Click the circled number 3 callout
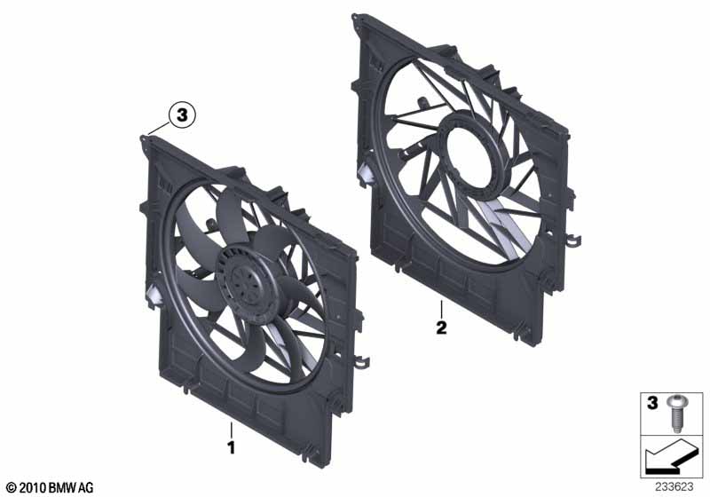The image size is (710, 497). tap(181, 114)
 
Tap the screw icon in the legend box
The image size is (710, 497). tap(677, 409)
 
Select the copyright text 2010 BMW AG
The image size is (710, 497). tap(49, 487)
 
